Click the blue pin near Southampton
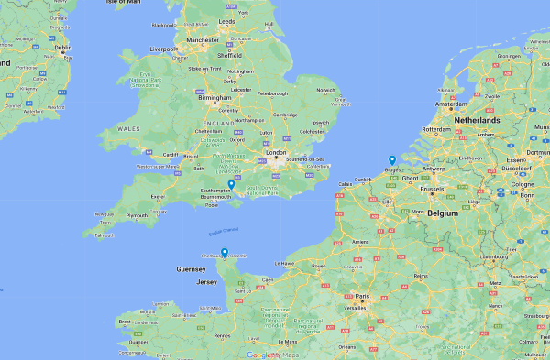(231, 184)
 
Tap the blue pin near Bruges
(392, 160)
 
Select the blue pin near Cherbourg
(225, 253)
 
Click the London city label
(276, 154)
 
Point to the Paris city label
(364, 296)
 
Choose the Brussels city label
(431, 190)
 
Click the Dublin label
(62, 48)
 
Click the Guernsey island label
(192, 268)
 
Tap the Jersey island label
(206, 282)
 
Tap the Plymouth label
(136, 216)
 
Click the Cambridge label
(284, 115)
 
